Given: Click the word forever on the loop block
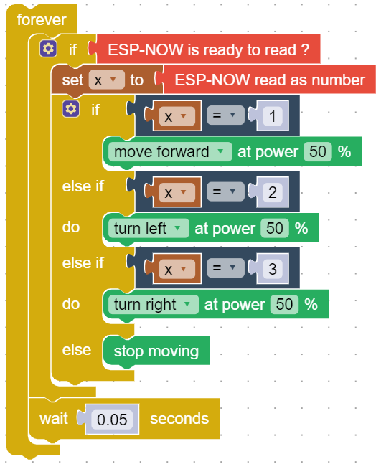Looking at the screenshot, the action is (42, 20).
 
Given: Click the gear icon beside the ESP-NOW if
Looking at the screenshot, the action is (48, 49).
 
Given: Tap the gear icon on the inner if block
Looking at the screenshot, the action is (71, 109).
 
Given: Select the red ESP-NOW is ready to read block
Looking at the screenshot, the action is (208, 49).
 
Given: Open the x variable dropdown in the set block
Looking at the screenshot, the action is (106, 80).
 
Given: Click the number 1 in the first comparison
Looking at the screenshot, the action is (273, 115).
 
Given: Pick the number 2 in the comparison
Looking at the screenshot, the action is (273, 192).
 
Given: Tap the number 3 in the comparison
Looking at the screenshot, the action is (273, 269).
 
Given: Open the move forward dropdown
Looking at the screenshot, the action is (170, 152).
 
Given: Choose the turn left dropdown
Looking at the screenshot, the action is (149, 229).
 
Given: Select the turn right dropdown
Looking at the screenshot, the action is (154, 305).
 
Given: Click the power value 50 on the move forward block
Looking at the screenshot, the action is (318, 152).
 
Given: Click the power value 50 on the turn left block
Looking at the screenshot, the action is (274, 229).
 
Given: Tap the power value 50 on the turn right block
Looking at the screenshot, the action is (284, 305).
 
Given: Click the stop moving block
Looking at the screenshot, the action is (156, 351).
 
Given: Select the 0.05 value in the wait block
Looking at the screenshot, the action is (112, 420).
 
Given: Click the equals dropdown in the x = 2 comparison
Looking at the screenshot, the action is (225, 191).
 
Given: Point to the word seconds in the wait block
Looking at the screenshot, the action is (179, 419).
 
